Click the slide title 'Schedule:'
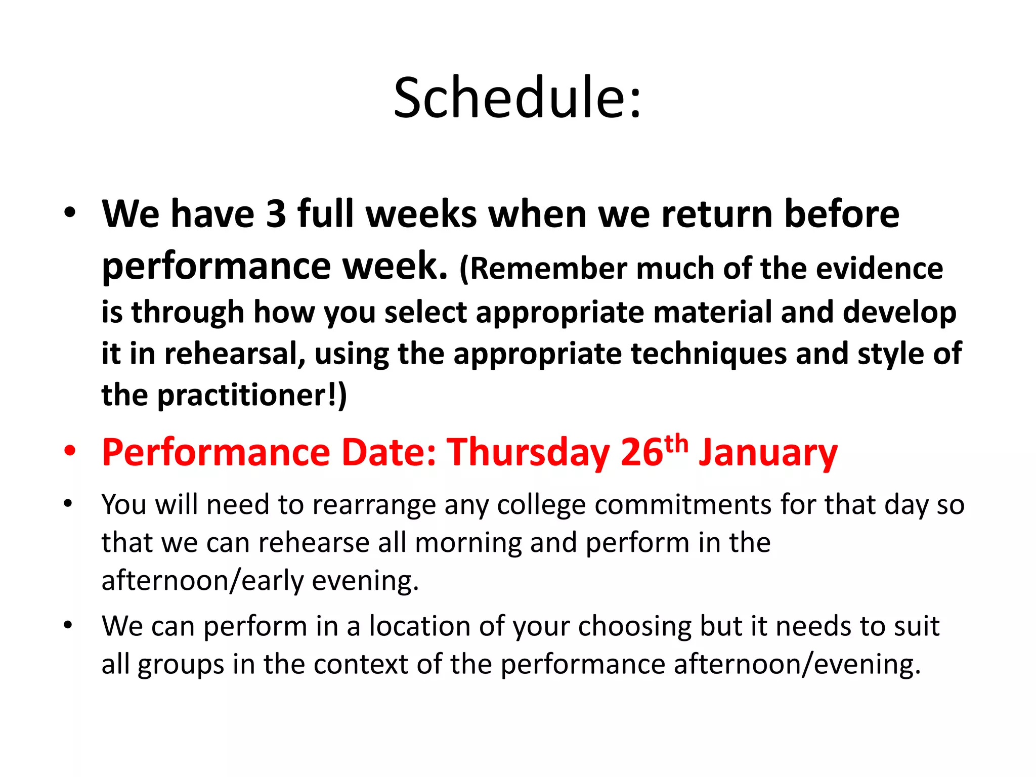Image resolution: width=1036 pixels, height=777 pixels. tap(517, 98)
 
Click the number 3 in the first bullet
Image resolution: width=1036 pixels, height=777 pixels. tap(276, 214)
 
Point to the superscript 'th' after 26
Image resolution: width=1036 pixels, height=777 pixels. tap(676, 444)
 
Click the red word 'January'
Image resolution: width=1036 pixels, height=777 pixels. tap(768, 453)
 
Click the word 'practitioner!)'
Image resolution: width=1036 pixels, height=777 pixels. tap(252, 395)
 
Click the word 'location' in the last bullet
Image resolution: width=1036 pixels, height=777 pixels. tap(419, 626)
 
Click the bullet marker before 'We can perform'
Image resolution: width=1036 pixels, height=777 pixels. tap(68, 626)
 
